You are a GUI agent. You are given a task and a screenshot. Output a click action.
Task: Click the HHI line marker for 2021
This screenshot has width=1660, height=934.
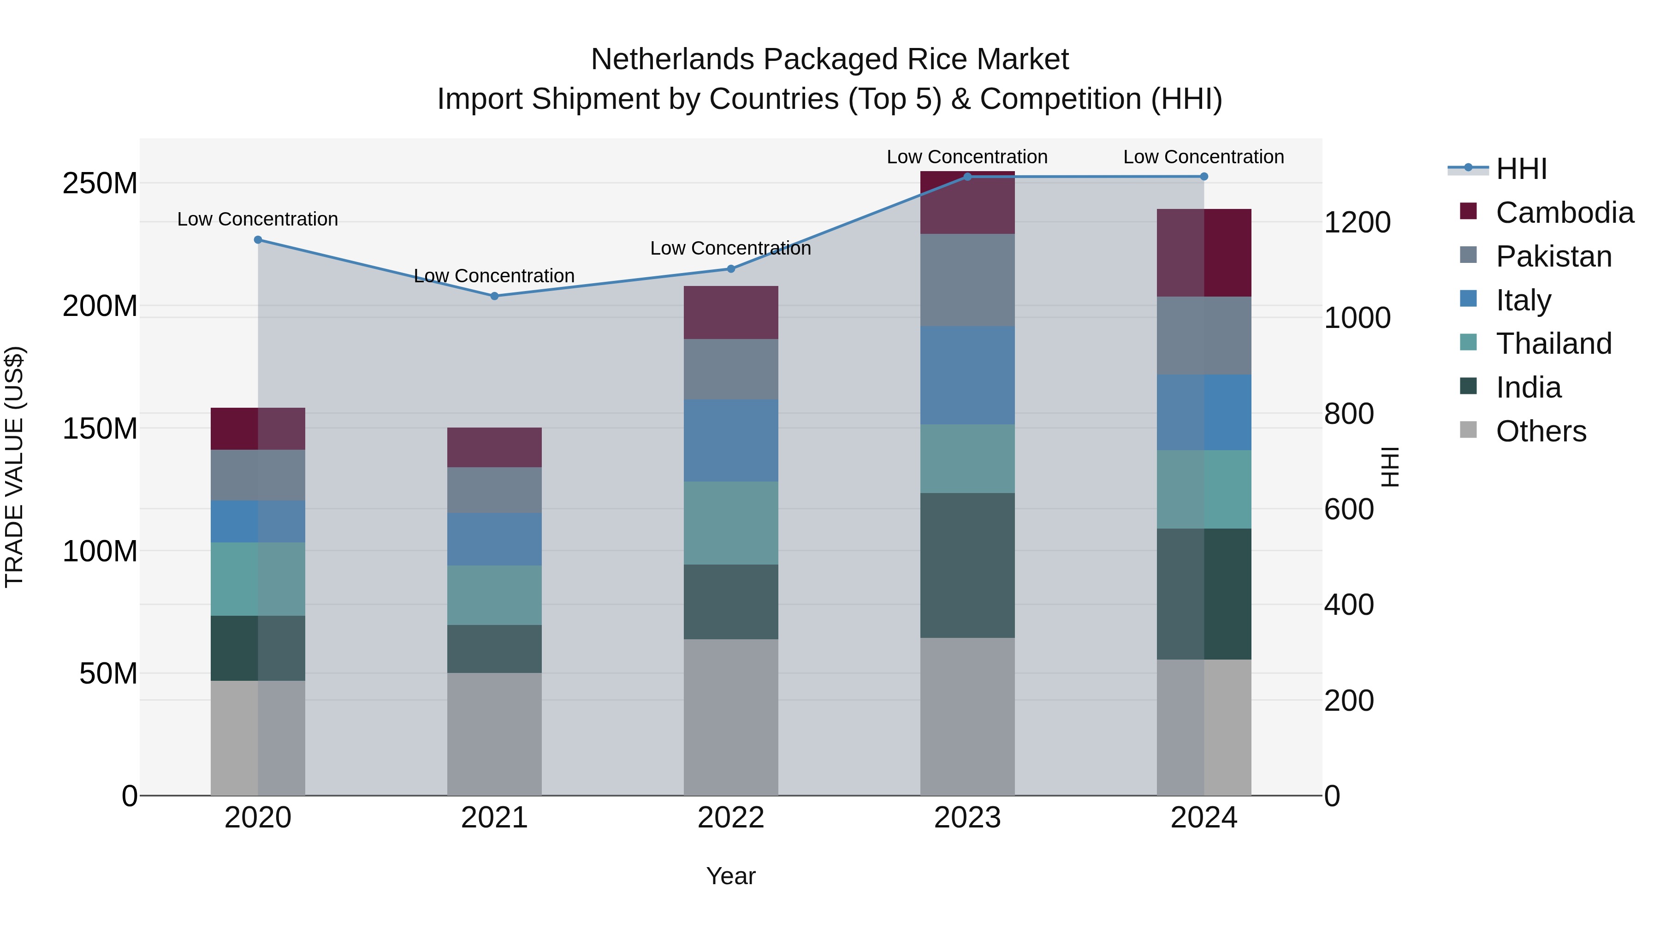(494, 296)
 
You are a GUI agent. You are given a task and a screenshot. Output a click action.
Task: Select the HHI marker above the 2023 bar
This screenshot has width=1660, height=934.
(967, 177)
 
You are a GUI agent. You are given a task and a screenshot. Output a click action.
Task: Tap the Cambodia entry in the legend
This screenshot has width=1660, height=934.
(1564, 213)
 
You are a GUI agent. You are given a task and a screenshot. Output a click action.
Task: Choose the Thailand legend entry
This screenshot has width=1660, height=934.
(1553, 344)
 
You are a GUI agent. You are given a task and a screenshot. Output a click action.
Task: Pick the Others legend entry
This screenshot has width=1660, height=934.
(1540, 431)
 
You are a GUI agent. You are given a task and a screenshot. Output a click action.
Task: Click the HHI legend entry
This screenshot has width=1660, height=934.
(1521, 169)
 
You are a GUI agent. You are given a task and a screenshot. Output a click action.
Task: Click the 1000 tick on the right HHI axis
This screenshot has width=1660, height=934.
(1357, 318)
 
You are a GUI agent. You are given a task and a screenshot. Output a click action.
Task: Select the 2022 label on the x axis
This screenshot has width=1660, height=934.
(731, 818)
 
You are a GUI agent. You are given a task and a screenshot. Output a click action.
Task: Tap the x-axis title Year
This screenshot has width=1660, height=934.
(731, 876)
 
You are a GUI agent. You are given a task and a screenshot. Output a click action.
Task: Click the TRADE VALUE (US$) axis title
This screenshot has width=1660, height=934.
(14, 467)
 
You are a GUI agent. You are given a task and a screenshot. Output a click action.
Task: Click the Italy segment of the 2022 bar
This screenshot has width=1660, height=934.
(731, 440)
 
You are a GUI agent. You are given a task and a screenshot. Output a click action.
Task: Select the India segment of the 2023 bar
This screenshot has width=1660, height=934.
(967, 565)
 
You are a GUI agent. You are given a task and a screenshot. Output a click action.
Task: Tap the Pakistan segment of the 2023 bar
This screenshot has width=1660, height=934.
(967, 280)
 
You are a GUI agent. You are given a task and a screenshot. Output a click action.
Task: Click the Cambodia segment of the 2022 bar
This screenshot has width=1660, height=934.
(731, 313)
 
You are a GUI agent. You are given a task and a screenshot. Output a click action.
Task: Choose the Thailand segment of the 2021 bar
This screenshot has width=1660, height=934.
(494, 595)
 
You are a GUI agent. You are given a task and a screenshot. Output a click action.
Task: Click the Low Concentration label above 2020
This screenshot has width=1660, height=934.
(257, 219)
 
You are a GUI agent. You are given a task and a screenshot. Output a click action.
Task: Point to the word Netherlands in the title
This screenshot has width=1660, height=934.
(673, 59)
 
